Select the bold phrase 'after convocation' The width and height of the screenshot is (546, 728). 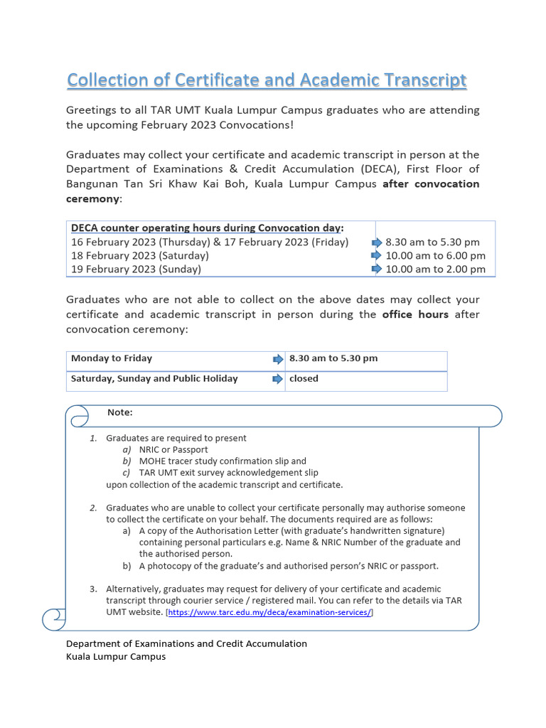(x=431, y=184)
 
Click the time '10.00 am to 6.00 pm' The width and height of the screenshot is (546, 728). (x=435, y=255)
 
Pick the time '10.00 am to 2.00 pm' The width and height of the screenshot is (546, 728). (x=435, y=269)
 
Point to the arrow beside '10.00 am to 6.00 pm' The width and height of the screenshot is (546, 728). (x=377, y=255)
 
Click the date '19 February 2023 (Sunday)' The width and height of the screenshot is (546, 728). (x=136, y=269)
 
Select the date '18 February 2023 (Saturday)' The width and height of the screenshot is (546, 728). (x=140, y=255)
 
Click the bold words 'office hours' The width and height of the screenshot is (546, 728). (x=415, y=314)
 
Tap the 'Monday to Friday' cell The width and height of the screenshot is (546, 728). (x=112, y=358)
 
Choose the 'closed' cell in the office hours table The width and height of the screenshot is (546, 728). (x=304, y=379)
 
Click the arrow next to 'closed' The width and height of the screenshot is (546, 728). (x=278, y=379)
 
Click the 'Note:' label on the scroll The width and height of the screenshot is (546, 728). (x=119, y=412)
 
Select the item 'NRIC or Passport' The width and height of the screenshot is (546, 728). (x=173, y=449)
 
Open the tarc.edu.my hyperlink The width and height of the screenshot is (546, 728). (x=269, y=612)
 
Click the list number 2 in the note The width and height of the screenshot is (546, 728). (x=93, y=508)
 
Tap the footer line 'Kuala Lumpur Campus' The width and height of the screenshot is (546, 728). (x=116, y=656)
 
